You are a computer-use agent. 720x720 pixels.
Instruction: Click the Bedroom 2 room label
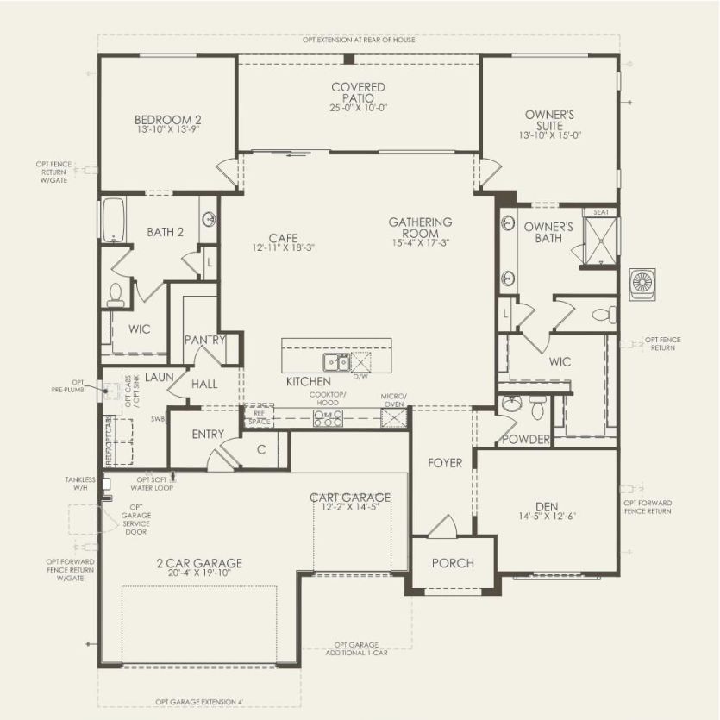(167, 120)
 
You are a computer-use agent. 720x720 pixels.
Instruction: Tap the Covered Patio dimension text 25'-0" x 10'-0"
(358, 108)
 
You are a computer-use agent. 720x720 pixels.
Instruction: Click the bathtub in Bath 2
(113, 221)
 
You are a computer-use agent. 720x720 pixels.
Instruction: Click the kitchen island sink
(335, 360)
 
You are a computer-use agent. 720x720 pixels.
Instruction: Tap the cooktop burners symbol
(328, 418)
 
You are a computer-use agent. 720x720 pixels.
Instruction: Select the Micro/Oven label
(394, 400)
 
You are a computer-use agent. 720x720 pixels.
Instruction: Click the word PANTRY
(205, 340)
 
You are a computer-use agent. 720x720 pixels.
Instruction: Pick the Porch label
(453, 563)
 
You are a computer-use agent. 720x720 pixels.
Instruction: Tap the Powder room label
(526, 440)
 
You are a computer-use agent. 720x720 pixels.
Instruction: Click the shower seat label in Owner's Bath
(600, 212)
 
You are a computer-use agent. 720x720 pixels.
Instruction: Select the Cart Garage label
(351, 498)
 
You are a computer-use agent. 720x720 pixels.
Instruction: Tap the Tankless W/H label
(78, 484)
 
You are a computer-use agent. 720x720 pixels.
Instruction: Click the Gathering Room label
(420, 228)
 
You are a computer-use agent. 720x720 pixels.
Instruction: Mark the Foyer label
(445, 463)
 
